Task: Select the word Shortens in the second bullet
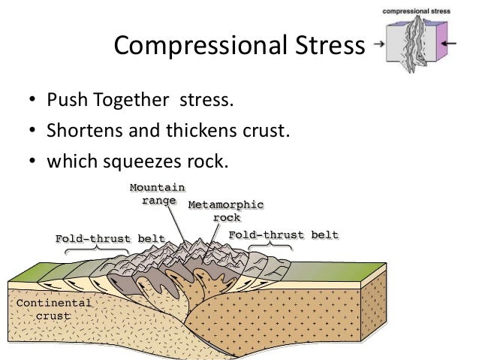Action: (80, 132)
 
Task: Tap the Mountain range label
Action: (157, 194)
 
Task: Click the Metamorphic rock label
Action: (226, 210)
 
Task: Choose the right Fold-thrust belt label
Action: (283, 235)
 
